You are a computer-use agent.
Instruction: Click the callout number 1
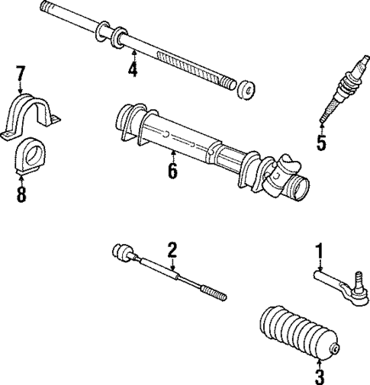(320, 249)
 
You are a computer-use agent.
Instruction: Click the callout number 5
(321, 143)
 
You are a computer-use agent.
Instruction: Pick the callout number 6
(172, 170)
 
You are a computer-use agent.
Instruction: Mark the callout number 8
(21, 194)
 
